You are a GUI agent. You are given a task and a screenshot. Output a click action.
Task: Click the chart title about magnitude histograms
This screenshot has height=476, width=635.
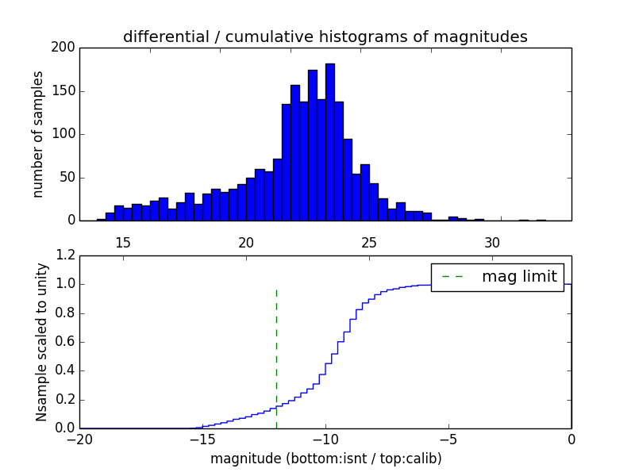coord(325,36)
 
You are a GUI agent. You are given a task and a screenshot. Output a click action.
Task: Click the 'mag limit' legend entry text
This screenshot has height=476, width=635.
coord(520,277)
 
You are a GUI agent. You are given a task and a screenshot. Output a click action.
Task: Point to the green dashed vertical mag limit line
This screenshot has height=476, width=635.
coord(276,357)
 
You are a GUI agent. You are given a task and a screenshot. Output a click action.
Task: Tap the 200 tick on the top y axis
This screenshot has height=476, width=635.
coord(65,48)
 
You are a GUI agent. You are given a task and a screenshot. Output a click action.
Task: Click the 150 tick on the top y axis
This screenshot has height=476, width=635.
coord(65,91)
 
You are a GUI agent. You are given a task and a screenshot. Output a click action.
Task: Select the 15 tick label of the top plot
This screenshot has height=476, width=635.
coord(123,242)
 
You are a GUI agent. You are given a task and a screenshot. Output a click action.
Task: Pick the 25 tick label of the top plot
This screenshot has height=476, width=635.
coord(369,242)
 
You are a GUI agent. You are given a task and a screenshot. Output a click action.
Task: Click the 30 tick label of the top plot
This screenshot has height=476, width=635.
coord(492,242)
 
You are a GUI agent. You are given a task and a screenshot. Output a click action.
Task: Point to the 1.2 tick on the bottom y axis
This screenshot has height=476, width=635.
coord(66,255)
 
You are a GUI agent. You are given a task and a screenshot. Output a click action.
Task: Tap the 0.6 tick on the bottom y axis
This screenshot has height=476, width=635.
coord(66,342)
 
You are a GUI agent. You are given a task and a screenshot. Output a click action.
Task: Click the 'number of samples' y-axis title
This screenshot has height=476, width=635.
coord(38,134)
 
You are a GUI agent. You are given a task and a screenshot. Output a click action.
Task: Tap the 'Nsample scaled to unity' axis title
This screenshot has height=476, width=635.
coord(41,342)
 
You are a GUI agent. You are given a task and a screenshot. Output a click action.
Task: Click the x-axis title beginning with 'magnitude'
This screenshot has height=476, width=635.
coord(325,459)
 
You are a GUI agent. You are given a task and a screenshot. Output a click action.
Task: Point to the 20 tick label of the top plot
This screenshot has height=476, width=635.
coord(246,242)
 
